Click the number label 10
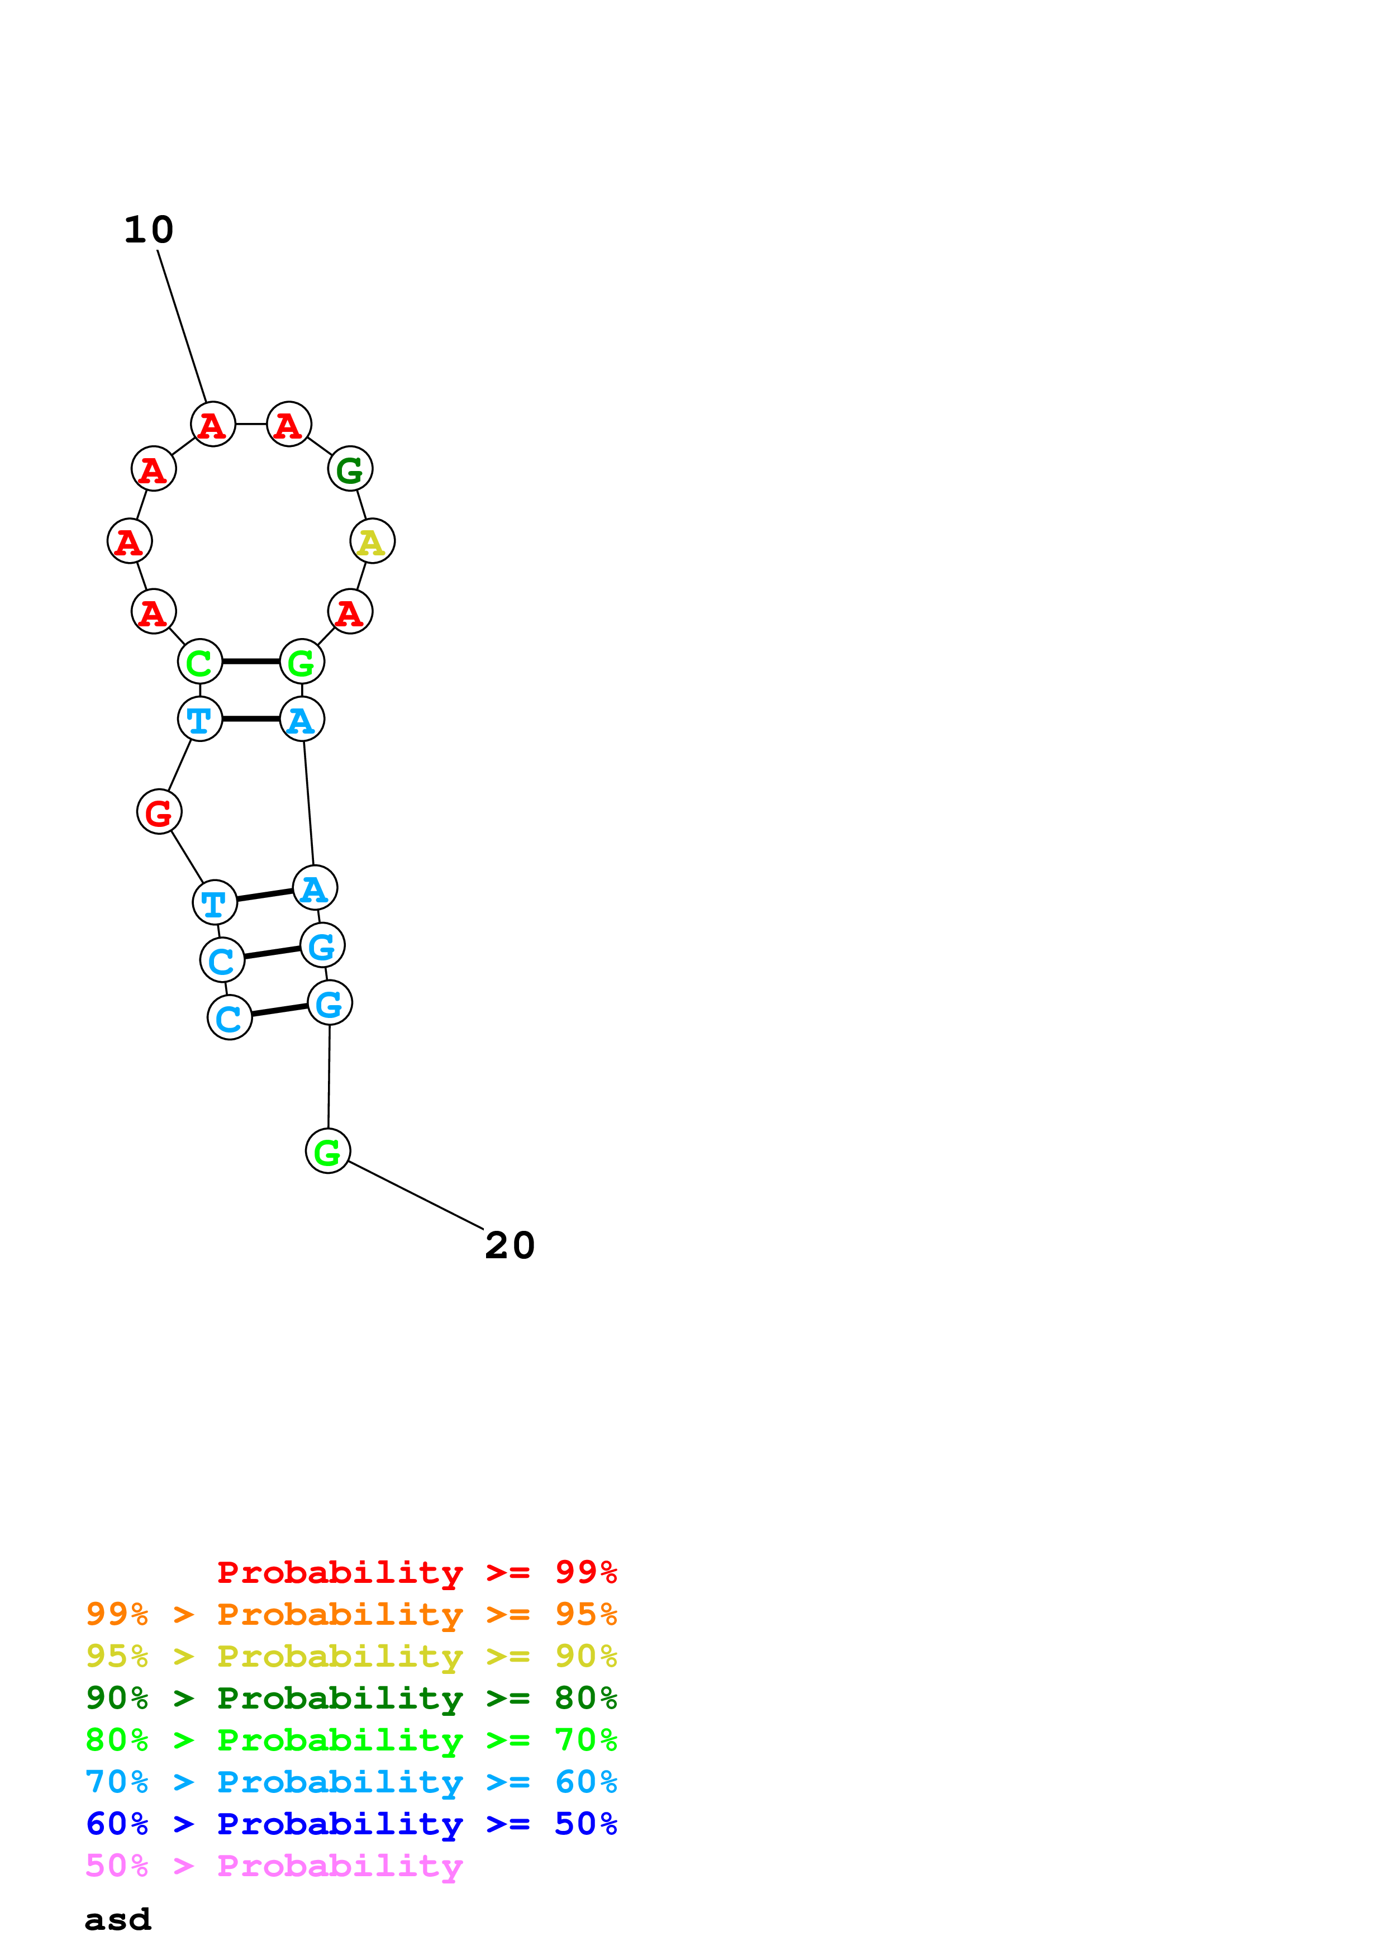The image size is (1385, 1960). pos(149,230)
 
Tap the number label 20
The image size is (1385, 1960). pos(510,1245)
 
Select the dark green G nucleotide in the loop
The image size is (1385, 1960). pos(350,469)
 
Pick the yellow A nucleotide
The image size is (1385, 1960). pos(372,541)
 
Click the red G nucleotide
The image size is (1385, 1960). pos(160,812)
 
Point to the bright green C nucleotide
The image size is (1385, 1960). pos(199,662)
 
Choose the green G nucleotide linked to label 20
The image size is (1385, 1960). pos(328,1151)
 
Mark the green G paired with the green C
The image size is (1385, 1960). pos(302,662)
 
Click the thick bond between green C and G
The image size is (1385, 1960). pos(251,662)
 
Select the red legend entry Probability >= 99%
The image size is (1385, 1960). pos(416,1572)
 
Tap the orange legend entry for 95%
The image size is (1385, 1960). pos(351,1614)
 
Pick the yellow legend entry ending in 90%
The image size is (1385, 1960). pos(351,1656)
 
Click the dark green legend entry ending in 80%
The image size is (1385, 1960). pos(351,1698)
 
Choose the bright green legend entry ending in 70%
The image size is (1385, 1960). pos(351,1740)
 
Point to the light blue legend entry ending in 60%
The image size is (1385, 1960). pos(351,1782)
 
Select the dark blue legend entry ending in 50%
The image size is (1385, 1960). pos(351,1824)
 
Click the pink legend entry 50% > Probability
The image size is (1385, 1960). pos(273,1865)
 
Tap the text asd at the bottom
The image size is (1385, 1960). pos(118,1920)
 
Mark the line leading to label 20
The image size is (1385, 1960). pos(416,1195)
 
